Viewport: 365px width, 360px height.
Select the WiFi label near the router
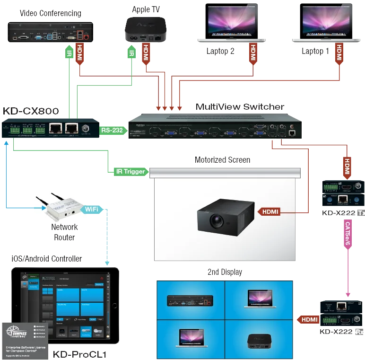click(x=91, y=208)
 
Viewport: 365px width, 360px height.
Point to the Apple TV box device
click(x=145, y=30)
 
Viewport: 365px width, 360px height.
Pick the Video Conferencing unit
click(x=49, y=31)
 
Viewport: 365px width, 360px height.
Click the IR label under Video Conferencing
click(x=69, y=53)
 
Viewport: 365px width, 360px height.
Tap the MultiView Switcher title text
click(x=240, y=106)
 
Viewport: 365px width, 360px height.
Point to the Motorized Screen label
click(x=222, y=159)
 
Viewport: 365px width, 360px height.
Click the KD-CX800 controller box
click(x=50, y=129)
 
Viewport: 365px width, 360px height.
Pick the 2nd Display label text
click(x=225, y=272)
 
